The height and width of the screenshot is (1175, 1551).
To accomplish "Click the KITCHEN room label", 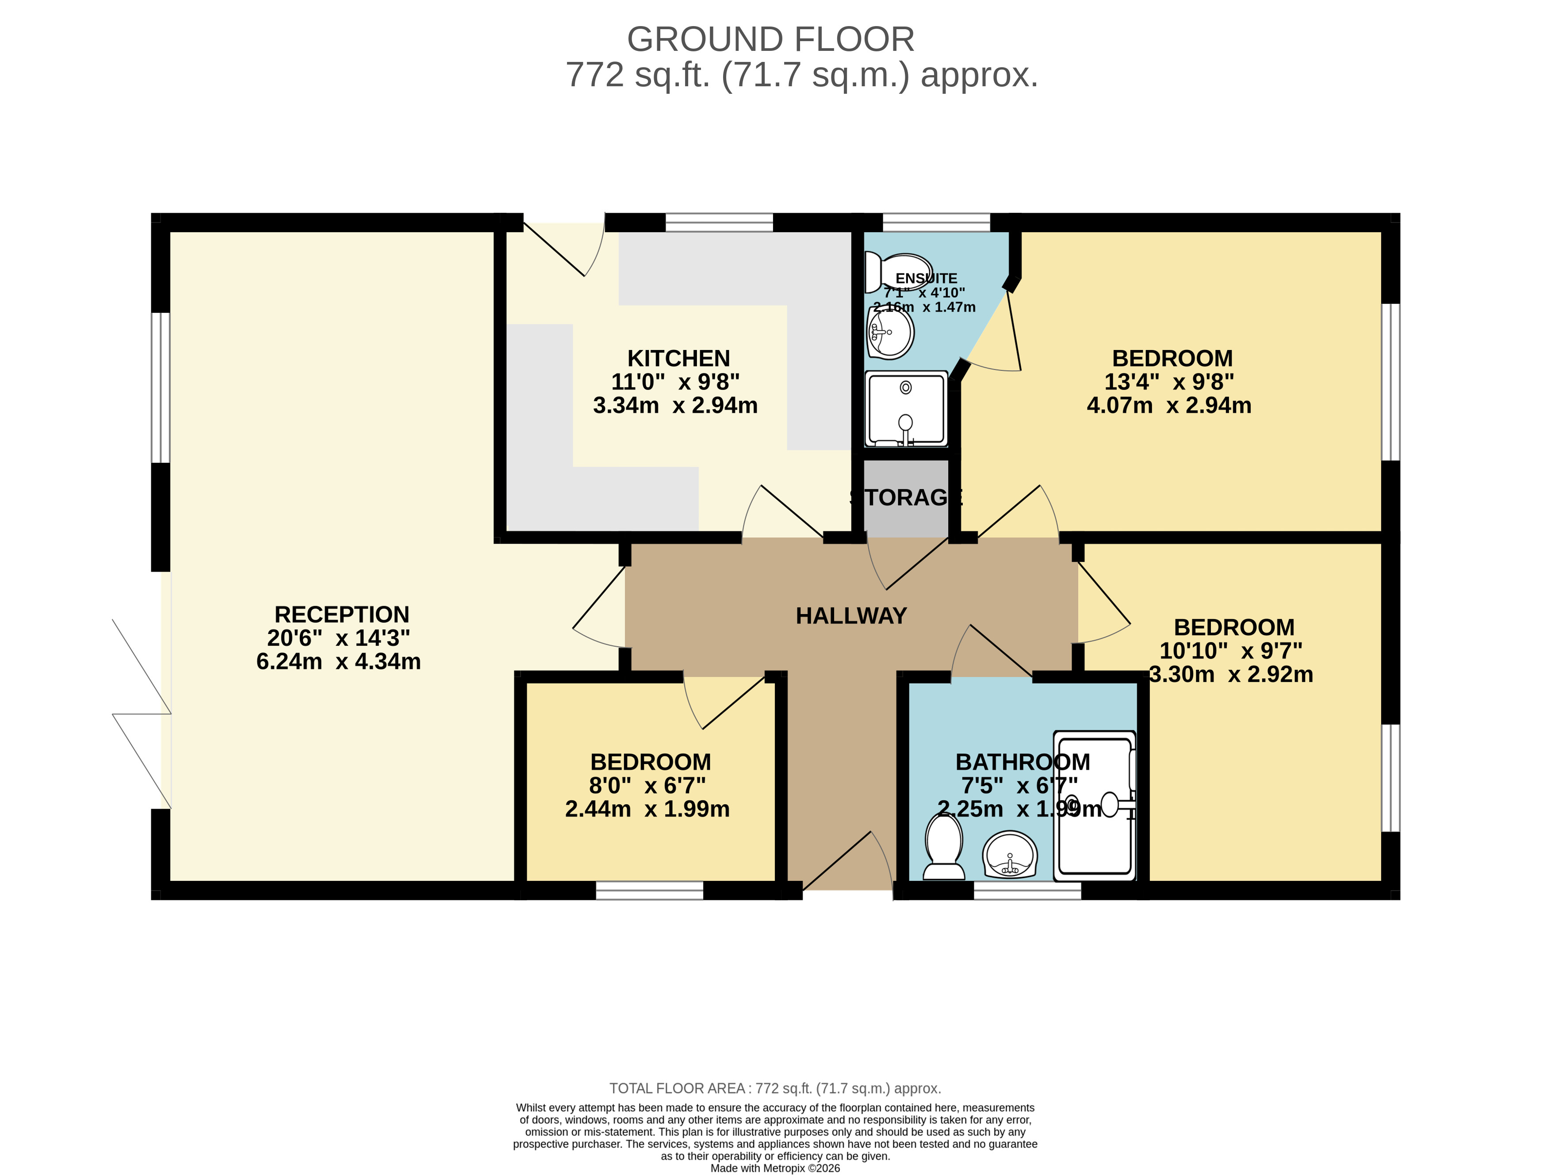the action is tap(678, 358).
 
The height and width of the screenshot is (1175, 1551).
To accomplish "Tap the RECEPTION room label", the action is tap(341, 614).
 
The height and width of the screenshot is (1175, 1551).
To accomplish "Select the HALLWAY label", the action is tap(851, 616).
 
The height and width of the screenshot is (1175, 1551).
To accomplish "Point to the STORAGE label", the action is tap(906, 497).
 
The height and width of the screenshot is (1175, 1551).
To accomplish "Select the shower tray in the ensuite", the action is tap(906, 409).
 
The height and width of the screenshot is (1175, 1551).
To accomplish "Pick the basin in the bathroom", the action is tap(1010, 854).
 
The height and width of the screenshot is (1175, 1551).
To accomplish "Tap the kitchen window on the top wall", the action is tap(719, 223).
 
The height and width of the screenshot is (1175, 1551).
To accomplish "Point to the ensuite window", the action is tap(936, 223).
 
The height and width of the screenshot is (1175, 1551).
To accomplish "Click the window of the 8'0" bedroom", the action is tap(649, 890).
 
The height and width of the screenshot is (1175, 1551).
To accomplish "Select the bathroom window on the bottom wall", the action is tap(1027, 890).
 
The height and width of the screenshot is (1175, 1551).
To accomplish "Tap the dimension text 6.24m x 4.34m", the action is tap(339, 661).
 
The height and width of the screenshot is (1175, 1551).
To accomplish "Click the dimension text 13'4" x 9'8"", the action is tap(1170, 382).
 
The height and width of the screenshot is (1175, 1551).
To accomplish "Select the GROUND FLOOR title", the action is tap(770, 39).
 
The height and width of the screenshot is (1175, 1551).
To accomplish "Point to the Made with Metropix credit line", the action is tap(775, 1168).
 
